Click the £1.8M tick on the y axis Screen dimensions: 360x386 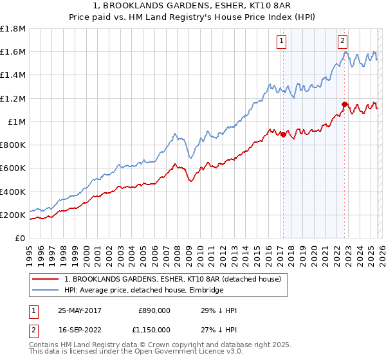[x=13, y=29]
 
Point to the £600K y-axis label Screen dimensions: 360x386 [x=13, y=168]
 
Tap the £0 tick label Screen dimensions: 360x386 [x=20, y=238]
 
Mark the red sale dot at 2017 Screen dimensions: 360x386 [x=282, y=134]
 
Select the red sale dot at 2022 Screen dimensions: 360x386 [x=344, y=104]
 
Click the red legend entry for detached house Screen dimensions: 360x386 [x=172, y=279]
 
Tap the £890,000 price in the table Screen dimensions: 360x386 [x=154, y=310]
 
